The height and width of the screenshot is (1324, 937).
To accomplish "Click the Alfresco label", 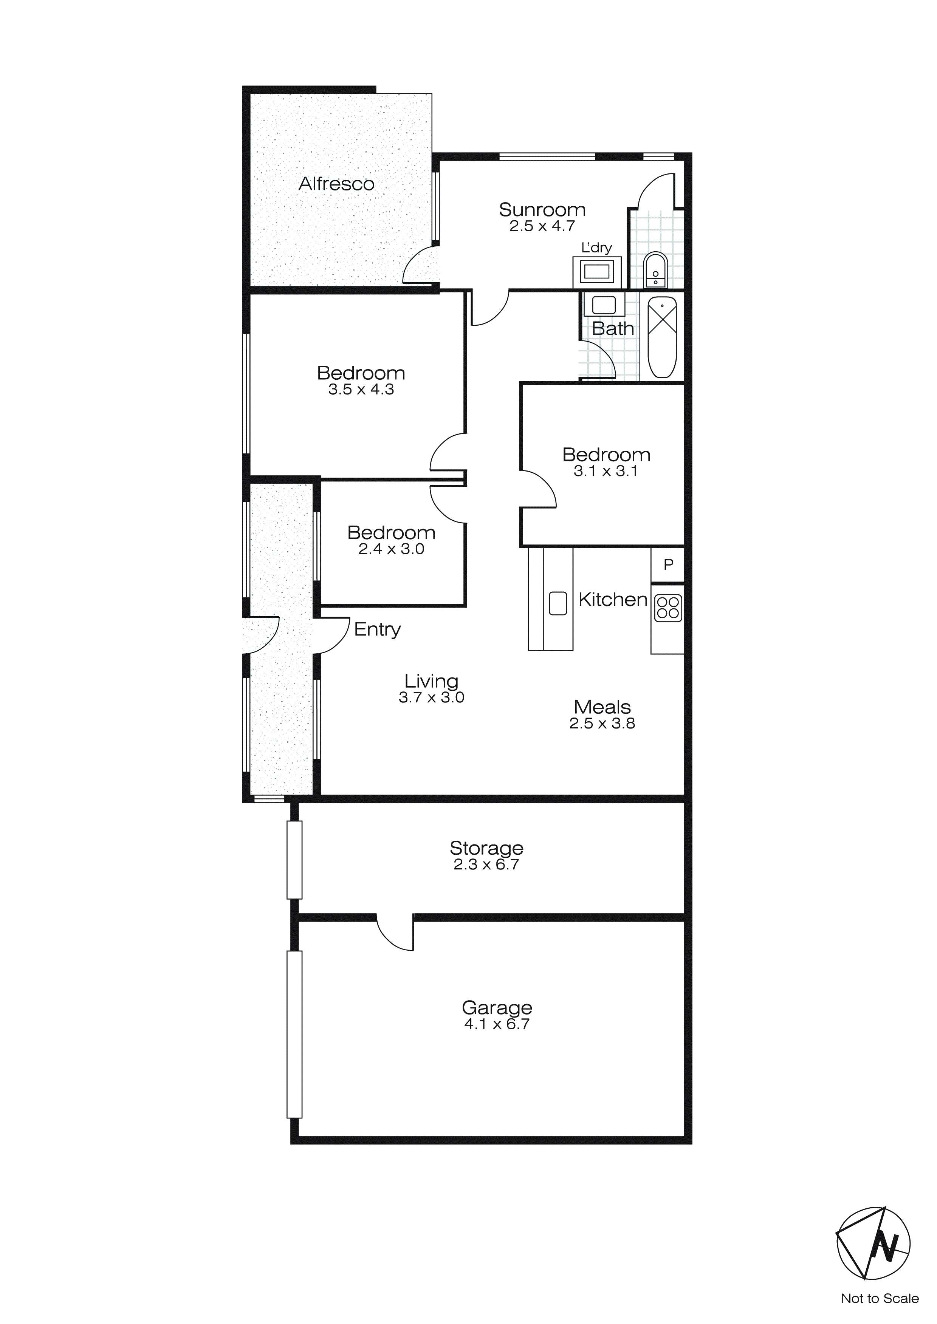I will coord(336,184).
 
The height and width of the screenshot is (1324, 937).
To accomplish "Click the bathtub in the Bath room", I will coord(662,337).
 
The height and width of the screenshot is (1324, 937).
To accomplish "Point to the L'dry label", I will coord(596,248).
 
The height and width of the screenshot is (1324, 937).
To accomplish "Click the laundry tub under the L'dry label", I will coord(596,272).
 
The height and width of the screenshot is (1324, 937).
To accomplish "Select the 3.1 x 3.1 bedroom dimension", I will coord(606,471).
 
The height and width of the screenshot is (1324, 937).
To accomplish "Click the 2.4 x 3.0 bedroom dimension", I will coord(391,549).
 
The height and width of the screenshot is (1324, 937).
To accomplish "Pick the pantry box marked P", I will coord(668,564).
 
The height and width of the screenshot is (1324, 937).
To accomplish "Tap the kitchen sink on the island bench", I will coord(558,603).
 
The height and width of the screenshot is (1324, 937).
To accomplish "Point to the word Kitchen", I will coord(613,600).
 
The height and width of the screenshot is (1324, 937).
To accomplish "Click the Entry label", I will coord(377,629).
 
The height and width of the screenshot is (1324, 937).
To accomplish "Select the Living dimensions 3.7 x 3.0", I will coord(432,697).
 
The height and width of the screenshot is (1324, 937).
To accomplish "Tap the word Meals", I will coord(602,707).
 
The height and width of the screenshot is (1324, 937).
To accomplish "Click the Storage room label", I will coord(486,848).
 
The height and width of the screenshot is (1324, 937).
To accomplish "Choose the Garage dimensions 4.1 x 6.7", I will coord(497,1024).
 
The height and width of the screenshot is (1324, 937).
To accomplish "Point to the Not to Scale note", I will coord(879,1298).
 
